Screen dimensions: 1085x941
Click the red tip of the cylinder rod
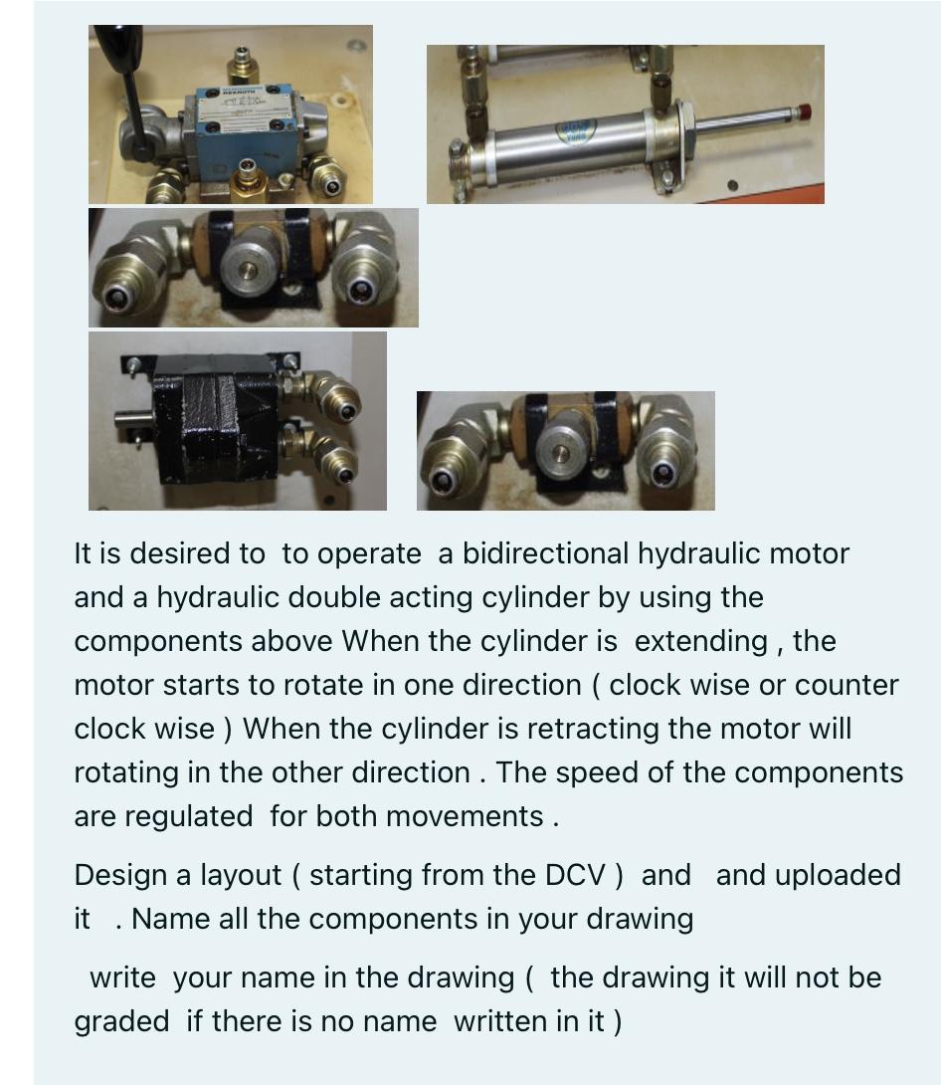click(804, 109)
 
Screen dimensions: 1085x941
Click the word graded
click(121, 1021)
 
